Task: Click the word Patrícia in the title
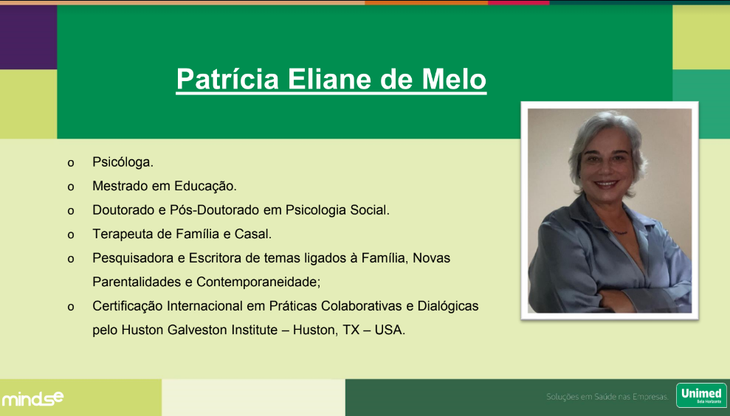click(227, 79)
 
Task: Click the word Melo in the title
click(454, 79)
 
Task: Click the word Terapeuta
click(123, 234)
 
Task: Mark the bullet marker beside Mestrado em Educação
click(71, 187)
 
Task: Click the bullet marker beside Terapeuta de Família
click(71, 235)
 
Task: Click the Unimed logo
click(701, 395)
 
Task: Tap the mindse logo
click(32, 398)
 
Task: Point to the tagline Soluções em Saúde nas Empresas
click(607, 397)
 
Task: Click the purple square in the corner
click(28, 37)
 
